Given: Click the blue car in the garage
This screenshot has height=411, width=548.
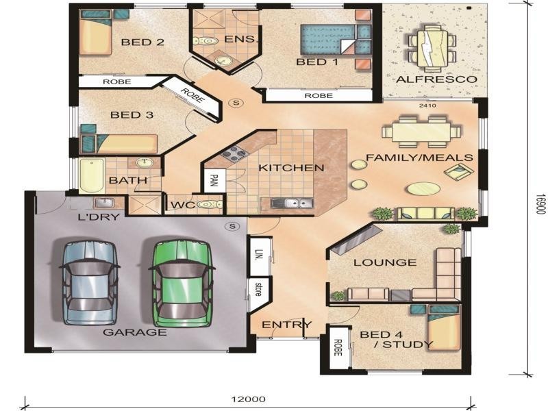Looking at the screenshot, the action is (90, 282).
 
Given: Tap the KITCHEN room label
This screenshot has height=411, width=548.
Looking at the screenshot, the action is (291, 168).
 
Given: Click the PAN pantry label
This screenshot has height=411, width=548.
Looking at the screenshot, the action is (213, 180).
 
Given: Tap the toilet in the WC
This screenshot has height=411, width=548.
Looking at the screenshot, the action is (210, 204).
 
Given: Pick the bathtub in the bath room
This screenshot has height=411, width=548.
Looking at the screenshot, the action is (92, 175).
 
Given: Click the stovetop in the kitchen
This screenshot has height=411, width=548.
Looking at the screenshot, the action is (233, 154).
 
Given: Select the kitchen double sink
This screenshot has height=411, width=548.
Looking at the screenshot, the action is (292, 203).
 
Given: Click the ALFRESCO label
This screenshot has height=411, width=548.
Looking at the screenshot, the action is (436, 79).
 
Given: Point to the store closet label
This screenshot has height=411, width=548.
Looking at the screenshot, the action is (258, 289).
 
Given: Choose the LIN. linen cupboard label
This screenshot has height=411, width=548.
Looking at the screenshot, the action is (259, 255).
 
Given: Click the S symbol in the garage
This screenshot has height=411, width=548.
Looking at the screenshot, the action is (232, 226).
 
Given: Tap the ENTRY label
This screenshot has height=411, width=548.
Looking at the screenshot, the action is (286, 325).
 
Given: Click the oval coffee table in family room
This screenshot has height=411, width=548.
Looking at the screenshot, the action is (423, 189).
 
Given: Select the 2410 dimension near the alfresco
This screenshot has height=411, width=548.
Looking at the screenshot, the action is (427, 105).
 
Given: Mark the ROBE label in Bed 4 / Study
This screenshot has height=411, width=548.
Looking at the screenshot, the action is (337, 348).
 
